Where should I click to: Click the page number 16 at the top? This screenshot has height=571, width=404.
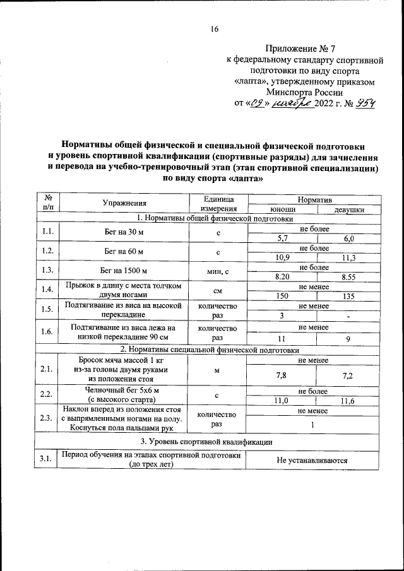pos(215,29)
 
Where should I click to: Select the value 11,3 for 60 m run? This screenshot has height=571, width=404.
pos(348,257)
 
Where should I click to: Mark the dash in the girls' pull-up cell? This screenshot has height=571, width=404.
pos(348,315)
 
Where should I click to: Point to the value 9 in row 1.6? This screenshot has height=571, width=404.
pos(348,339)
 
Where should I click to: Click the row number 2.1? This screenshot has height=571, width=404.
pos(45,369)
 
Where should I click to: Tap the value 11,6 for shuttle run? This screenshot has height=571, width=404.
pos(348,401)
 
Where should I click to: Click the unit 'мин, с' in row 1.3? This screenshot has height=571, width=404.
pos(217,271)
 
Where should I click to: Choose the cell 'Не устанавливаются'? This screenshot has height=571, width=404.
pos(312,461)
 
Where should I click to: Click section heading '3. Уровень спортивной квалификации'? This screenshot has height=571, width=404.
pos(206,441)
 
